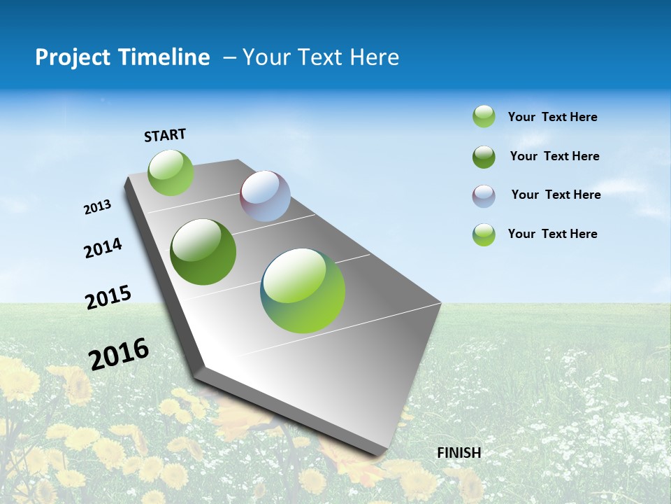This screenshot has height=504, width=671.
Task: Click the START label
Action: (x=165, y=135)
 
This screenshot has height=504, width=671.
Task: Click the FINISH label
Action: (x=459, y=453)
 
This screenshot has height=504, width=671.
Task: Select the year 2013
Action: (x=97, y=207)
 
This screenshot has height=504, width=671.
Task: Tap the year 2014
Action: (x=103, y=248)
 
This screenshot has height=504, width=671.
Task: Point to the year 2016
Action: (x=119, y=353)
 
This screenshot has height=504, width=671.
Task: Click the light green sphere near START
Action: (x=171, y=173)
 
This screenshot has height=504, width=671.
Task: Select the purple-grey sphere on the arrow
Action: (x=265, y=196)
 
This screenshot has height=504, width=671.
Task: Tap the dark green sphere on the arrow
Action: (x=203, y=252)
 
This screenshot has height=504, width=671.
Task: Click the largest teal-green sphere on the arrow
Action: (x=303, y=290)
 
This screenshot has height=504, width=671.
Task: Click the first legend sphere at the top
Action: (x=484, y=116)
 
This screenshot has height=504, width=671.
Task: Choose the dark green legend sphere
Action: (x=484, y=157)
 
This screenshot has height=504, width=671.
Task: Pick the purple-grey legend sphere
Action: (x=484, y=196)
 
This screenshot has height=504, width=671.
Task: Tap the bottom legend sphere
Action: (x=484, y=234)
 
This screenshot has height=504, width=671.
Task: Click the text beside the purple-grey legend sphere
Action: (x=556, y=195)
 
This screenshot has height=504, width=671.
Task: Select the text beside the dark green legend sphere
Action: (x=554, y=156)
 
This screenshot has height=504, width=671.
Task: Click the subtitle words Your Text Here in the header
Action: (x=321, y=57)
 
